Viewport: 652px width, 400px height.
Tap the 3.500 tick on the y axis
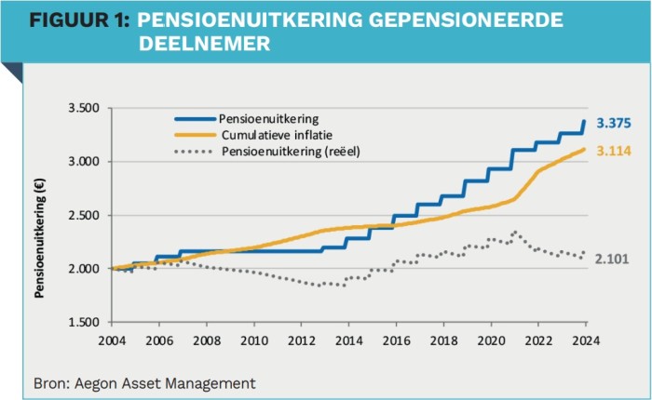pos(85,109)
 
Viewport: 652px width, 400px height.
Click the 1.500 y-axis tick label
pos(85,323)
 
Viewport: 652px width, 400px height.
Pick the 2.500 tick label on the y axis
pos(85,216)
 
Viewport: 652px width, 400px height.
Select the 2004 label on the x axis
pos(112,338)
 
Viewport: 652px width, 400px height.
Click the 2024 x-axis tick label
pos(584,338)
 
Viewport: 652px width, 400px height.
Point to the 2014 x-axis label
pos(347,338)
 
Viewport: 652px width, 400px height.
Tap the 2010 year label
pos(253,338)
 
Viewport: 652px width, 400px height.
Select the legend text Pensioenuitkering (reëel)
pos(291,151)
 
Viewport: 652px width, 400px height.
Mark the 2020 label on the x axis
pos(490,338)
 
